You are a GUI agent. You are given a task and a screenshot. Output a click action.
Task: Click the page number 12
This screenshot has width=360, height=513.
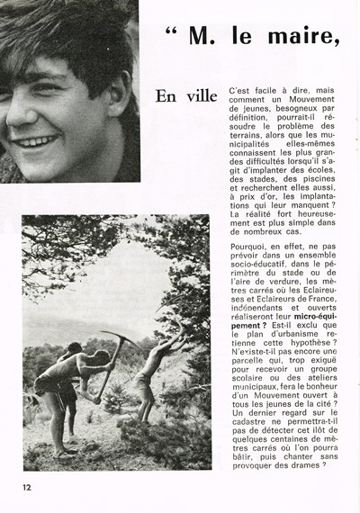29,488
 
